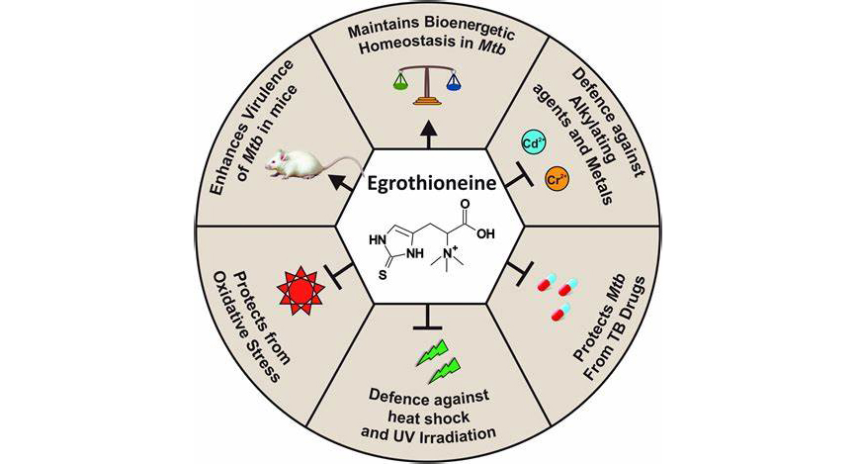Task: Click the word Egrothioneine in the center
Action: point(428,183)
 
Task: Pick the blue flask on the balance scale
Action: point(455,86)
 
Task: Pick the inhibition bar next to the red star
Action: point(341,273)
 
